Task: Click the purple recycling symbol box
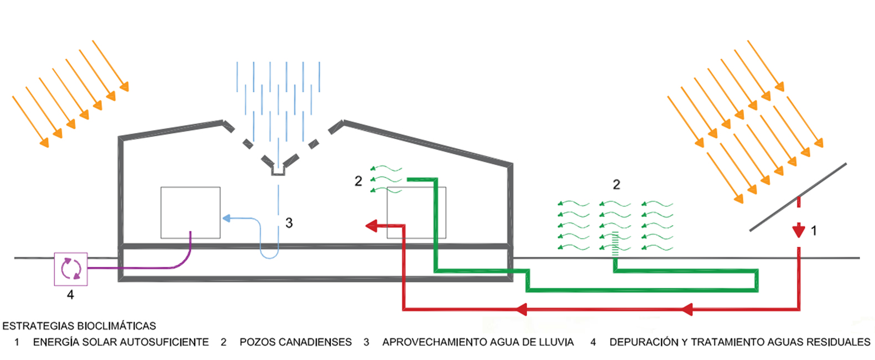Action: pyautogui.click(x=71, y=269)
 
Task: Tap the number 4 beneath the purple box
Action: pyautogui.click(x=70, y=294)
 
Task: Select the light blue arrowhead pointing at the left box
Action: pyautogui.click(x=226, y=218)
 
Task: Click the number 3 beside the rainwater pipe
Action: pyautogui.click(x=289, y=223)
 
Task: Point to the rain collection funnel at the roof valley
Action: pyautogui.click(x=278, y=171)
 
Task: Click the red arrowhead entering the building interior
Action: pyautogui.click(x=371, y=226)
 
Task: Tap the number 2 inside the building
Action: pyautogui.click(x=358, y=181)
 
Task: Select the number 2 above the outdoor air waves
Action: pyautogui.click(x=616, y=184)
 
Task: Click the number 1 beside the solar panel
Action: pyautogui.click(x=814, y=231)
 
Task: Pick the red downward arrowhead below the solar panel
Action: pyautogui.click(x=799, y=231)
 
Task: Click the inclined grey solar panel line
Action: pyautogui.click(x=798, y=197)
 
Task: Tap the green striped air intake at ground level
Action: pyautogui.click(x=615, y=244)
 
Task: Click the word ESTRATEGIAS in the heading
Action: pyautogui.click(x=39, y=326)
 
